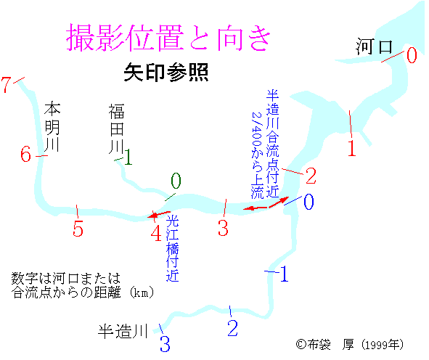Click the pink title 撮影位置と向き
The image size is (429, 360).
168,38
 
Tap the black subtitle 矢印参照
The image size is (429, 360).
166,73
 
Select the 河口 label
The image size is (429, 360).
375,46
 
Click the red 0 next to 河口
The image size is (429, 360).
412,55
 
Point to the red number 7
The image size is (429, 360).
6,84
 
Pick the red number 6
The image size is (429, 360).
25,154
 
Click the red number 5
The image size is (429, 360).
78,228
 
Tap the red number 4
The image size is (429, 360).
156,233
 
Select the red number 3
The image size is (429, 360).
223,228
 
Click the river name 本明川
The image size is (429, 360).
52,126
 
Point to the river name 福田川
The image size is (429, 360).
117,128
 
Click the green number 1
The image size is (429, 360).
128,157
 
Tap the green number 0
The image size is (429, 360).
176,181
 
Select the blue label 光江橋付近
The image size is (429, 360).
172,248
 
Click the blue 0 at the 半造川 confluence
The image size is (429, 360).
309,202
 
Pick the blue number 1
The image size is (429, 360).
283,274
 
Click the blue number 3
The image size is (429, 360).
165,343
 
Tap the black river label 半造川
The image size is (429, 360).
123,331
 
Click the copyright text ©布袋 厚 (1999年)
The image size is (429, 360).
350,345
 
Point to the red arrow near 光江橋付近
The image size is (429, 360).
159,214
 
